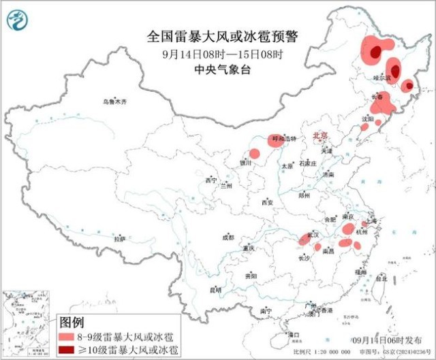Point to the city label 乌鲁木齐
click(115, 102)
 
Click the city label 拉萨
click(121, 240)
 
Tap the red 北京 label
click(320, 136)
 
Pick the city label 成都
click(228, 238)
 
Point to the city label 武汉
click(313, 234)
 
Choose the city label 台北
click(383, 278)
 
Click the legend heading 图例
click(72, 322)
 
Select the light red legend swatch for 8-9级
click(65, 337)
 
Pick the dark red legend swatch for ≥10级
click(65, 350)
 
